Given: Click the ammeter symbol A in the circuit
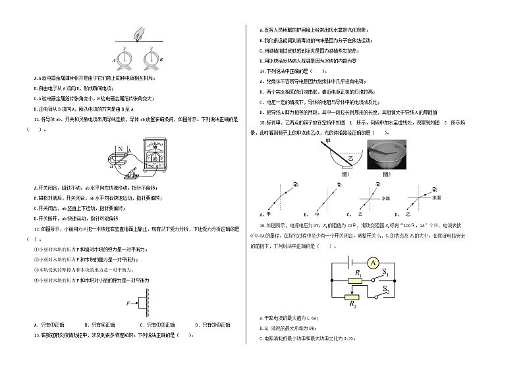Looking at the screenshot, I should pos(372,263).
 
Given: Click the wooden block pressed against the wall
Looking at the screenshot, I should pos(141,304).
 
